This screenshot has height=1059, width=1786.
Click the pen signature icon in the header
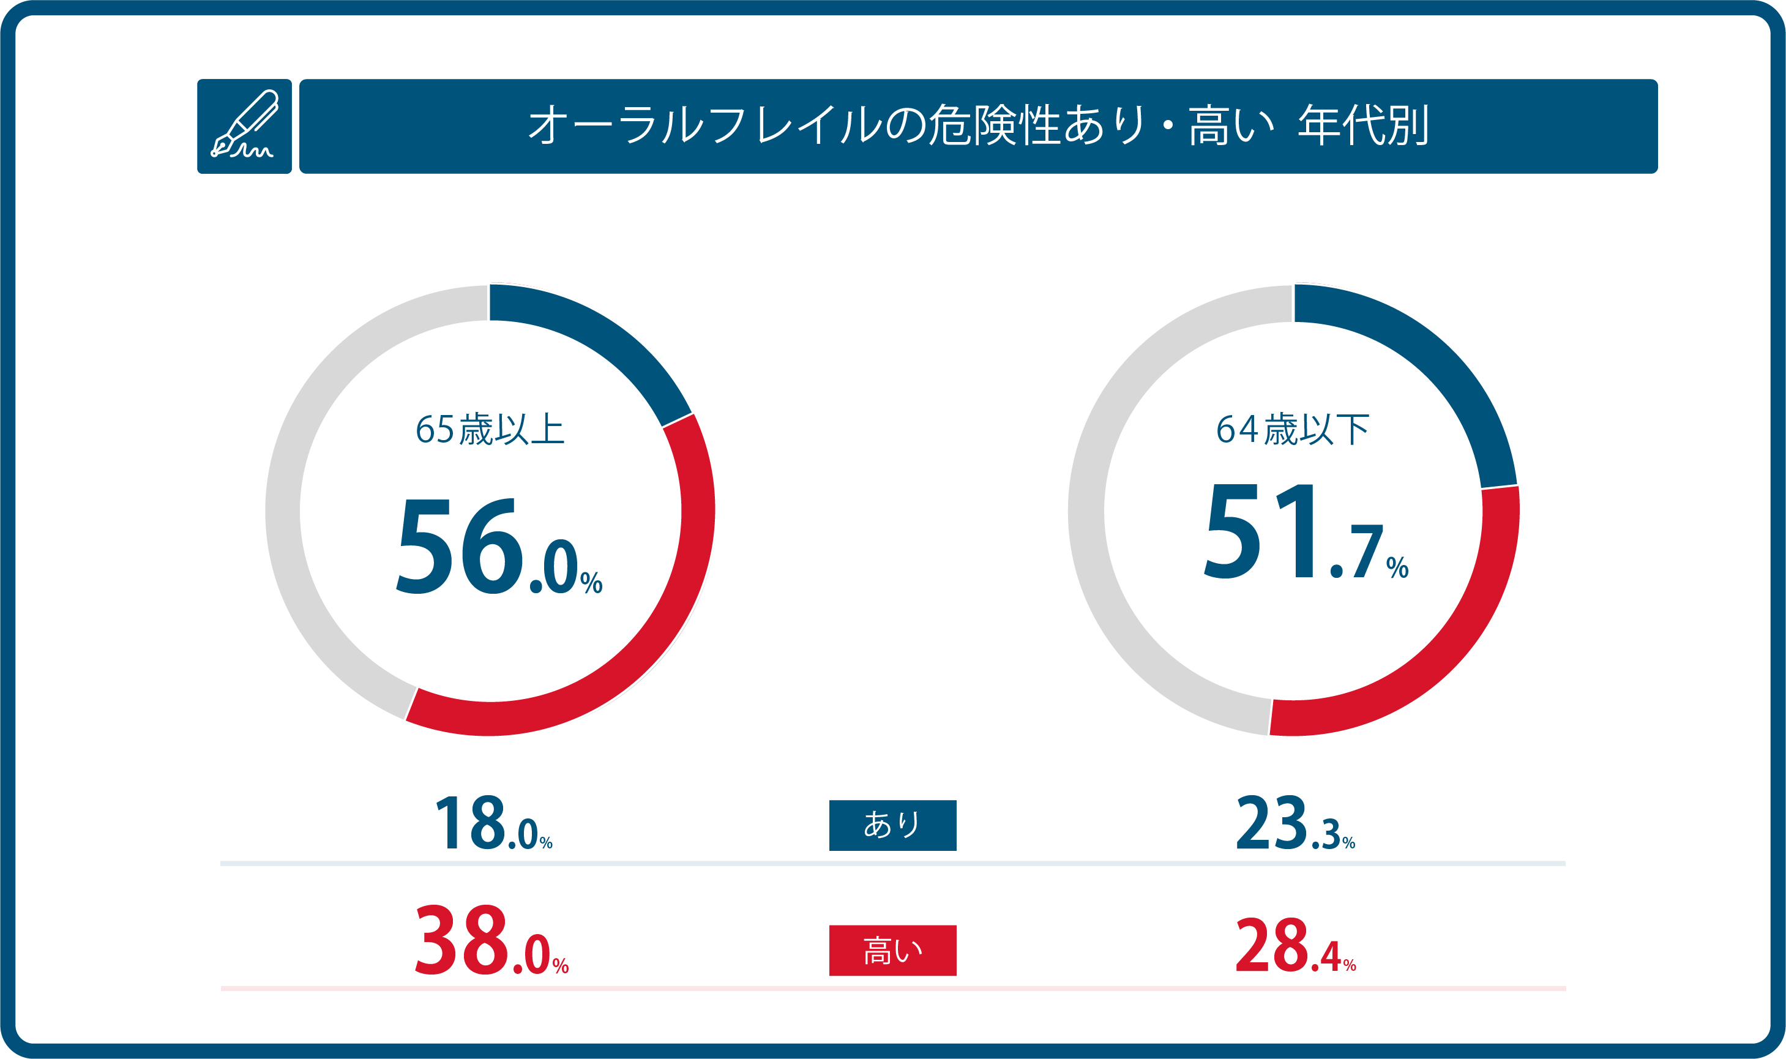point(244,125)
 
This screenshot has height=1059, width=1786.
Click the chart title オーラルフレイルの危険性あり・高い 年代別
point(977,125)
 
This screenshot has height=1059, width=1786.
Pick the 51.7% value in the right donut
point(1305,531)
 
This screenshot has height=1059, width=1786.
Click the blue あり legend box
point(892,826)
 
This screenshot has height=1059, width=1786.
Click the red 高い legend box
point(892,951)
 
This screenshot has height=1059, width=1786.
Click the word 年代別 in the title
point(1363,125)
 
